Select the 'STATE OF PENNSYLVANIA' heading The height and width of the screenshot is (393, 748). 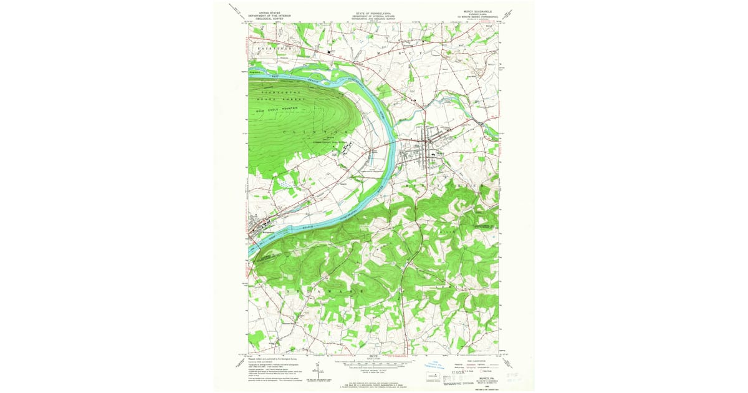point(373,11)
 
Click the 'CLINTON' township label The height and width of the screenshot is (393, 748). point(314,132)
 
